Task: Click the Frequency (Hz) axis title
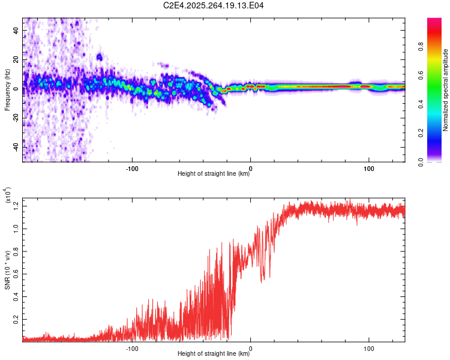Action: click(7, 90)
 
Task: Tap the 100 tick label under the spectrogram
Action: click(368, 167)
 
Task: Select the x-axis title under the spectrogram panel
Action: click(214, 174)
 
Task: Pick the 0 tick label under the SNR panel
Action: click(250, 347)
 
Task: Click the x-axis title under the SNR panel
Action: click(214, 353)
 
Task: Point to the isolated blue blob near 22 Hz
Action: click(100, 58)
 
